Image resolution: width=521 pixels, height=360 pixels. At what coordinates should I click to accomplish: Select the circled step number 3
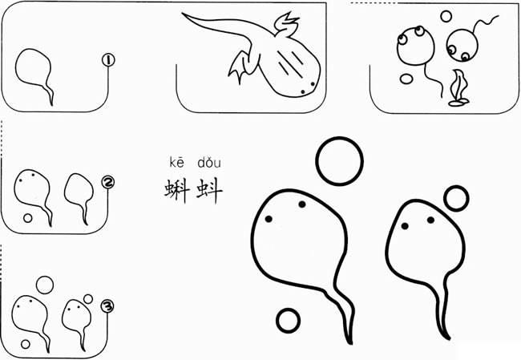point(107,304)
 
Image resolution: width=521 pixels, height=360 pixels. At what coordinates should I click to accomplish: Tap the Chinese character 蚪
point(208,190)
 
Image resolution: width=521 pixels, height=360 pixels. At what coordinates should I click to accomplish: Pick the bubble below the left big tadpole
point(288,320)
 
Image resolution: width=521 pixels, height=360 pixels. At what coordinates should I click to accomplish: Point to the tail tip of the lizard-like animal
point(184,14)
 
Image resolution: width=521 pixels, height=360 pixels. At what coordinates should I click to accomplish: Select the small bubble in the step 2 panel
point(28,217)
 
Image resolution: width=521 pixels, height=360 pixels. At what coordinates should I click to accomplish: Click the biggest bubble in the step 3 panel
point(45,285)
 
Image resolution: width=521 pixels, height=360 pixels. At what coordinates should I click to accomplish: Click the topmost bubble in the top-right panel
point(446,15)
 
